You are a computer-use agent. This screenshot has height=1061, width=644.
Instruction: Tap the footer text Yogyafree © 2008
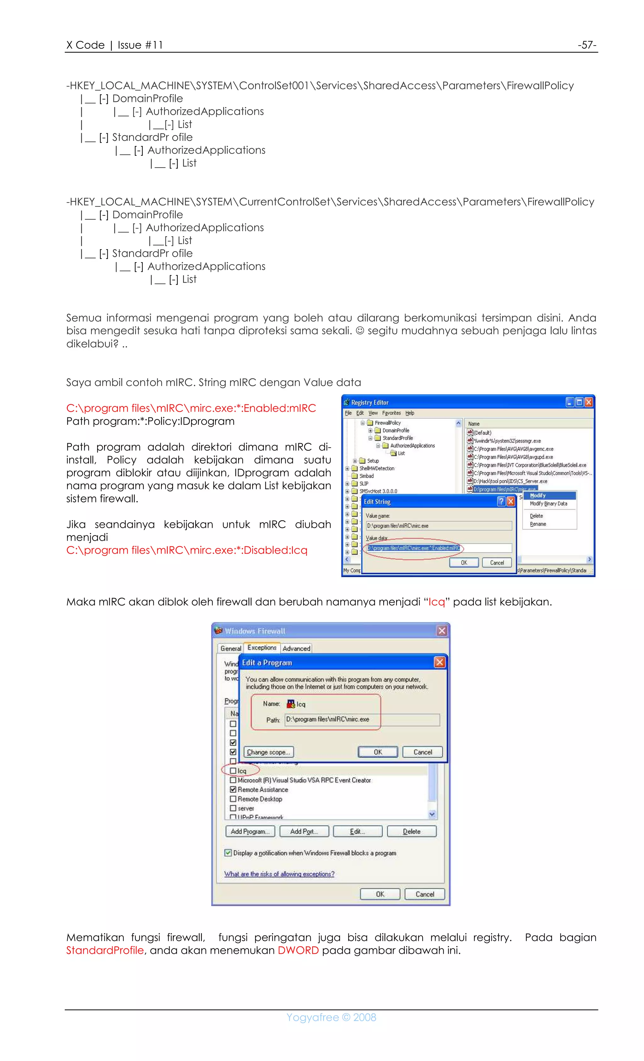[x=331, y=1017]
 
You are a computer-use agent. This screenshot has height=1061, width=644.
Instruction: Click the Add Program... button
[x=250, y=831]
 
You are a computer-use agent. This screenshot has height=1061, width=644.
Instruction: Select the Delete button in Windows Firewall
[x=411, y=831]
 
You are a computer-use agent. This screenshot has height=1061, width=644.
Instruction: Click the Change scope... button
[x=268, y=752]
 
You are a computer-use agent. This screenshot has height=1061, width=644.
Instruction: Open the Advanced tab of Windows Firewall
[x=296, y=648]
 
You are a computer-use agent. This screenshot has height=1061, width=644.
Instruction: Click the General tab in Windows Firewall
[x=230, y=648]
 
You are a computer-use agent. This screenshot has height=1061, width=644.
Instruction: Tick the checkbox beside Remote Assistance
[x=233, y=789]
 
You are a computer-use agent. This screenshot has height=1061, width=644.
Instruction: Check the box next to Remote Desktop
[x=233, y=799]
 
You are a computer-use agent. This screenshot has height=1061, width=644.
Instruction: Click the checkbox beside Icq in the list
[x=233, y=770]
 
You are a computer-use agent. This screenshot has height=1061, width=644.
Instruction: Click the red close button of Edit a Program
[x=439, y=662]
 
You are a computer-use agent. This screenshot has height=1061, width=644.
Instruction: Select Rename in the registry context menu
[x=538, y=524]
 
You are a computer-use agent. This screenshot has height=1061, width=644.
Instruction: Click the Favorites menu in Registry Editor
[x=391, y=413]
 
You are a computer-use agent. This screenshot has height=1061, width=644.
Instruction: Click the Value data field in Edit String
[x=438, y=548]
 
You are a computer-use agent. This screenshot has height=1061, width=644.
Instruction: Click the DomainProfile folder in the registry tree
[x=395, y=430]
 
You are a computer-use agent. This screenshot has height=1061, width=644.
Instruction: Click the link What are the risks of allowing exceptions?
[x=279, y=874]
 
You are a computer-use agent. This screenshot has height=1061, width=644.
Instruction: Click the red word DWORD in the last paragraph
[x=298, y=950]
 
